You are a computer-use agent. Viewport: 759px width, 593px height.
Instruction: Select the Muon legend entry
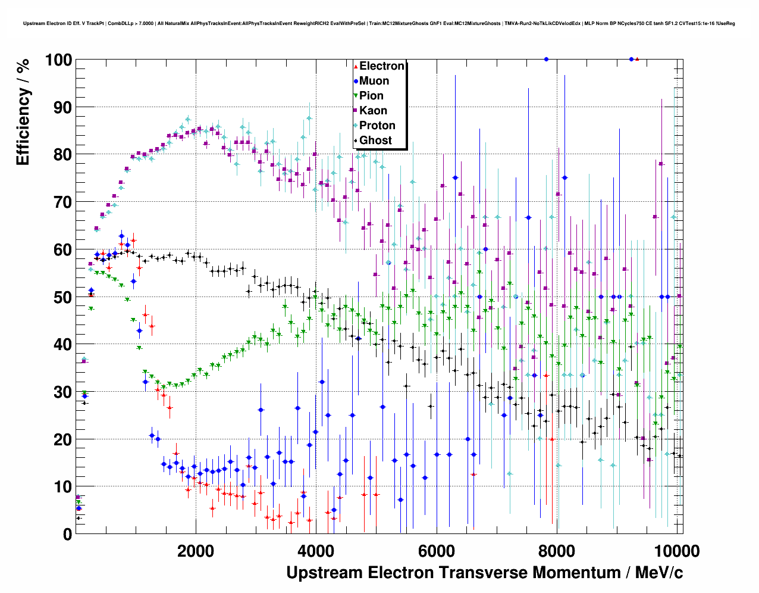coord(374,81)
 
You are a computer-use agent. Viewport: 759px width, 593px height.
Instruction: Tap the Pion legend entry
coord(371,96)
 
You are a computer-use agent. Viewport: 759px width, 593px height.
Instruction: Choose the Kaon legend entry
coord(373,111)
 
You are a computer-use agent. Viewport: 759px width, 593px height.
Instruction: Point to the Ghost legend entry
coord(375,141)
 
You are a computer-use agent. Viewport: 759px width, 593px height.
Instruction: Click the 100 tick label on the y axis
coord(58,60)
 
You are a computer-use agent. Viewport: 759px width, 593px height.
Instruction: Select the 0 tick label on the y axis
coord(68,534)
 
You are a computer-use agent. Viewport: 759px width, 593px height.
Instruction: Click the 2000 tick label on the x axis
coord(196,551)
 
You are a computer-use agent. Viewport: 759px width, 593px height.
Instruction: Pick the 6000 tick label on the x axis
coord(436,551)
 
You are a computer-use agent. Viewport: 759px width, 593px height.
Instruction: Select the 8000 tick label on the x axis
coord(556,551)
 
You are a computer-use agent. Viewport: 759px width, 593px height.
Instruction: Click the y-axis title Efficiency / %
coord(23,112)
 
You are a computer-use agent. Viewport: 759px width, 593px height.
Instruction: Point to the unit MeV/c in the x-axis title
coord(658,573)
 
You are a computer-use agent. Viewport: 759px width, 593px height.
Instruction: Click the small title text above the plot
coord(379,24)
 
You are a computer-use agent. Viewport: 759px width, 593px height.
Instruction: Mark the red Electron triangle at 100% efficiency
coord(637,59)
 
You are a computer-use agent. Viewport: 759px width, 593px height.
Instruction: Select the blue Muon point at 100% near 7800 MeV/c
coord(546,59)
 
